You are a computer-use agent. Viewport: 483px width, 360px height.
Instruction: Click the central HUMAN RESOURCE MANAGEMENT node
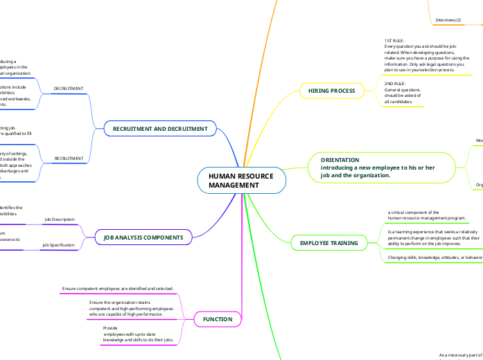[240, 181]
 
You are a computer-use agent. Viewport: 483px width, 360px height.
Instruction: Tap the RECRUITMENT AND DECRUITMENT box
[160, 128]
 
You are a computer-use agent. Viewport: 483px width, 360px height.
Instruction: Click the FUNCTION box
[218, 319]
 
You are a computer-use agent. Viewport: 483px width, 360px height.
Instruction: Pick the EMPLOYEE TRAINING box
[328, 243]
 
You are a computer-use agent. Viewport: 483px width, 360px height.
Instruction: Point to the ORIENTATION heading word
[340, 160]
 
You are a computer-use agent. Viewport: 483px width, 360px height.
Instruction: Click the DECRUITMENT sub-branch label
[69, 89]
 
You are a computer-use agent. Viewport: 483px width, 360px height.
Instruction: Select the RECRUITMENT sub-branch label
[69, 159]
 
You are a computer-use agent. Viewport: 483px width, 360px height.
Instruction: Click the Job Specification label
[58, 245]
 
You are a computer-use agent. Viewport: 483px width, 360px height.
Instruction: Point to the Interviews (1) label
[448, 20]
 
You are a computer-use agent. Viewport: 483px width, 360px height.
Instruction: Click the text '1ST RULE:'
[395, 41]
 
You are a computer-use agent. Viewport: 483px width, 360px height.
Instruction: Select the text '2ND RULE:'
[396, 83]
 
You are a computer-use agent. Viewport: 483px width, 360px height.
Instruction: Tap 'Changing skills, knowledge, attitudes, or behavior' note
[434, 257]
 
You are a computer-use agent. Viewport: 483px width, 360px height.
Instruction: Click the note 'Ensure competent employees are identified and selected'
[118, 288]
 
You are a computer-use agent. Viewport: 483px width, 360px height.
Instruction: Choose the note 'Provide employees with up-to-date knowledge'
[138, 334]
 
